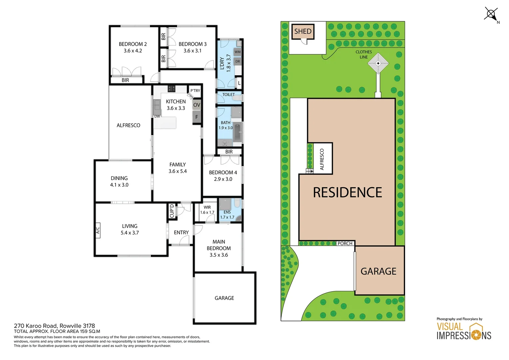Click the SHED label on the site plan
click(302, 31)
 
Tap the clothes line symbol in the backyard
click(378, 63)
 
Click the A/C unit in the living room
click(98, 230)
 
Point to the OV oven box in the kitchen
click(197, 105)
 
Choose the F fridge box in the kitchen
click(197, 117)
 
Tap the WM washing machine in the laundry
click(238, 52)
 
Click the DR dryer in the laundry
click(238, 61)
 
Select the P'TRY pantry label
click(195, 91)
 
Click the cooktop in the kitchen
click(171, 89)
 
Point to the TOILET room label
click(229, 95)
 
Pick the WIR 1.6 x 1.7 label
click(207, 210)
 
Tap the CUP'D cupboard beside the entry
click(172, 211)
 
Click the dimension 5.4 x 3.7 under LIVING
click(130, 233)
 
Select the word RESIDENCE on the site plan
click(347, 193)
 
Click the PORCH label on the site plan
click(345, 243)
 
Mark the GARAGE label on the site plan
click(378, 271)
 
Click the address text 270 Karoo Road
click(54, 326)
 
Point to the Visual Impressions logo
click(464, 331)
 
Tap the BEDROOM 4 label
click(223, 172)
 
